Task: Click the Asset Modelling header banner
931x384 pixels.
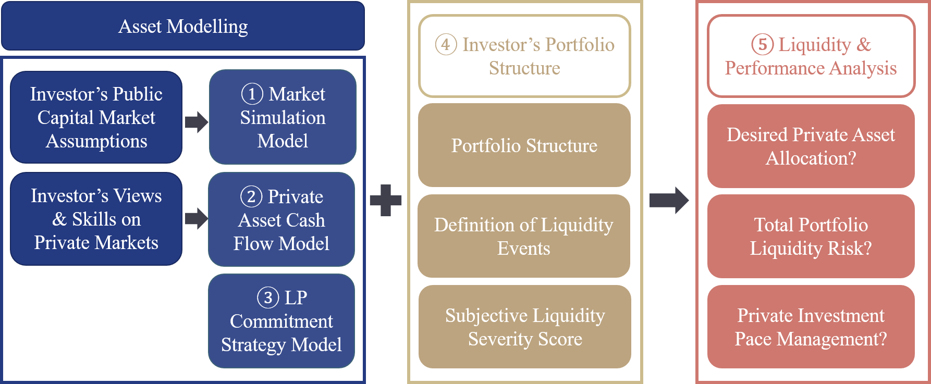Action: (182, 26)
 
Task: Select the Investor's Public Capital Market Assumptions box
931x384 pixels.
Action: (96, 117)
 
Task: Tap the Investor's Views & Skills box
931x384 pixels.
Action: (96, 219)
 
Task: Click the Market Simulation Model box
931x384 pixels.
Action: (283, 117)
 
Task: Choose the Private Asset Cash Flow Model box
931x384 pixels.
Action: (281, 220)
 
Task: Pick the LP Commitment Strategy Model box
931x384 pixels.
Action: (281, 321)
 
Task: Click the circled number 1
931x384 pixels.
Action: (252, 94)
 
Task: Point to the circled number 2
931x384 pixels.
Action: (251, 197)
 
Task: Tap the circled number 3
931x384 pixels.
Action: (268, 298)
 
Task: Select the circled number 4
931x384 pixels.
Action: (446, 45)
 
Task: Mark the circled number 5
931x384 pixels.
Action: (762, 45)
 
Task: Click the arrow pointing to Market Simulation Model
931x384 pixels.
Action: (196, 122)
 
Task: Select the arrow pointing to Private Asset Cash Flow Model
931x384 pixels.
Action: (196, 219)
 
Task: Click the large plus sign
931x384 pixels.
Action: (386, 200)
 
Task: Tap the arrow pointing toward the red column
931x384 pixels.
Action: (669, 200)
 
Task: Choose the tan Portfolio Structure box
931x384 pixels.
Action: (524, 145)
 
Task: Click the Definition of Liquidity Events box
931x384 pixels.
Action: (524, 236)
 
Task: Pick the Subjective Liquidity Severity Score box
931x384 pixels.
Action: (525, 327)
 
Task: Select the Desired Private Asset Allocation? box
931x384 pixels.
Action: (811, 146)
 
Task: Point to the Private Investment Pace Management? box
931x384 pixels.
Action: (811, 327)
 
